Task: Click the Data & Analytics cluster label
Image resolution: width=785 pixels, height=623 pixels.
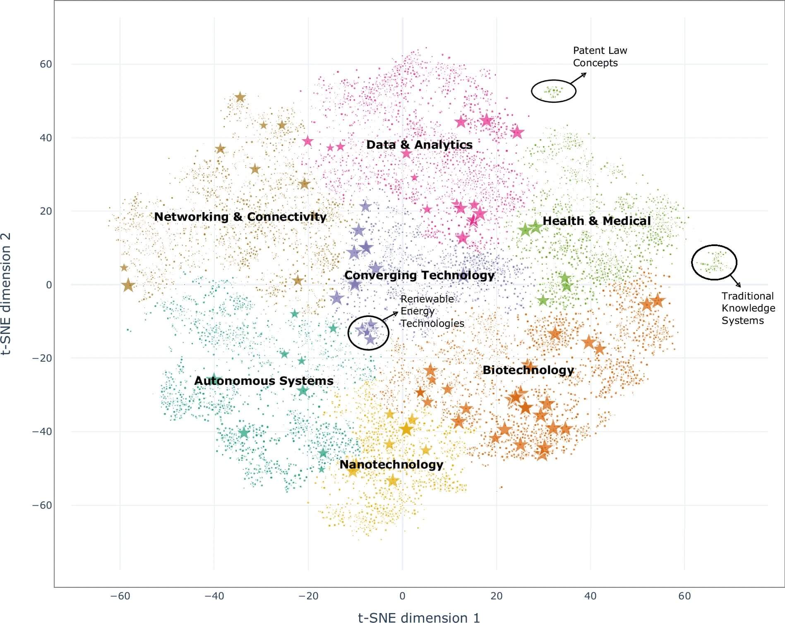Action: (419, 145)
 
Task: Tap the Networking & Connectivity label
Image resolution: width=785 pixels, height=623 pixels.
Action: (240, 217)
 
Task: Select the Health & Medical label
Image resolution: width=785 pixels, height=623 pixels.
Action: (596, 221)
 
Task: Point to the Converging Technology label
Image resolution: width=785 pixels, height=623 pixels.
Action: (419, 275)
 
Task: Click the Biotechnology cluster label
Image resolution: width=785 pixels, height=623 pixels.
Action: (528, 370)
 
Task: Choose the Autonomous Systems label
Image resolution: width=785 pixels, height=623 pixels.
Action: (264, 381)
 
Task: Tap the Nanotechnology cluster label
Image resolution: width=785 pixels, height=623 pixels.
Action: (391, 464)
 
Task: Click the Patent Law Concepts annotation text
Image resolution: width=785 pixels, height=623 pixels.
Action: (600, 57)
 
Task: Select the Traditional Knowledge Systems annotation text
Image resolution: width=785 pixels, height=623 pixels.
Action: (748, 308)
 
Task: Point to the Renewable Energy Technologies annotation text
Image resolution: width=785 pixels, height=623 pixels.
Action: (432, 311)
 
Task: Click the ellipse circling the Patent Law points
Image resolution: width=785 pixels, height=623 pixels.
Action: (554, 91)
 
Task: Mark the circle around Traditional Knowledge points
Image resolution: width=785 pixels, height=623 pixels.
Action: (714, 262)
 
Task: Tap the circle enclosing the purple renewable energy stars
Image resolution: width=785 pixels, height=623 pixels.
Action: (368, 332)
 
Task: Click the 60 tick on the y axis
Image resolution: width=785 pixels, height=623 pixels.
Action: (46, 64)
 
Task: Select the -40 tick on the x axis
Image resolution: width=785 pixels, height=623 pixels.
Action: (214, 596)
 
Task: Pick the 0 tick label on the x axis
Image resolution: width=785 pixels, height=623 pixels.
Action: (402, 596)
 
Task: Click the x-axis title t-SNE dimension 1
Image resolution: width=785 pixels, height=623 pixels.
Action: (419, 618)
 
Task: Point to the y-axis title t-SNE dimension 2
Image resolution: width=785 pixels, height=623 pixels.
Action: (6, 294)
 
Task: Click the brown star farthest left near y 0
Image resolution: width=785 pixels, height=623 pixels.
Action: (128, 285)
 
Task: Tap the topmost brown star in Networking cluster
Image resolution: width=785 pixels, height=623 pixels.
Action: (240, 98)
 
